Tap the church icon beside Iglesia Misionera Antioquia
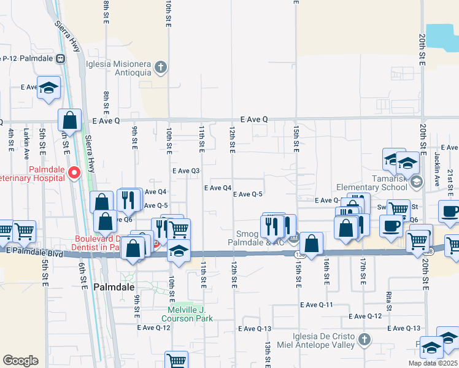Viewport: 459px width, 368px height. [x=161, y=67]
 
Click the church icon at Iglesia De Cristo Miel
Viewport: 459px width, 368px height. [x=364, y=339]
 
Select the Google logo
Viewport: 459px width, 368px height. [x=20, y=360]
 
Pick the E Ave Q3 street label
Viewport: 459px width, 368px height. [x=187, y=171]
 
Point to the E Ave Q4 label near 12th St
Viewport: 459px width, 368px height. [x=218, y=188]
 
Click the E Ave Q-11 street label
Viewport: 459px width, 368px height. [x=317, y=305]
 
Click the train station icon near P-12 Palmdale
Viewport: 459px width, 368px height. [x=60, y=59]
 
